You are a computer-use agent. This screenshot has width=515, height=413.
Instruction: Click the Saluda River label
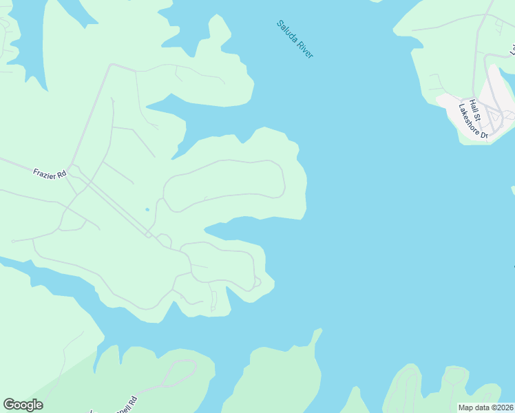[295, 39]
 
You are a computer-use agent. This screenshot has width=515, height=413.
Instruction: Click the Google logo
[23, 405]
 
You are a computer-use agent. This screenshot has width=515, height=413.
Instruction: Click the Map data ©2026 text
[486, 407]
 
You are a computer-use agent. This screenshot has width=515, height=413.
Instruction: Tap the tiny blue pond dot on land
[147, 210]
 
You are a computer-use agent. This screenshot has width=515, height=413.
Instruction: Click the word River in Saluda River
[304, 50]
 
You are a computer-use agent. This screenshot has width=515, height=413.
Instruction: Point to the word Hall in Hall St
[472, 105]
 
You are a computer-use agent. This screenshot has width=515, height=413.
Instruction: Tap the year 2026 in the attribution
[505, 407]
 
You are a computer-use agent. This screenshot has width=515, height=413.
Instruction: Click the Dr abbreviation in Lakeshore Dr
[483, 135]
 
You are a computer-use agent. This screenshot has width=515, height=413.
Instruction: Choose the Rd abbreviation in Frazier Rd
[61, 176]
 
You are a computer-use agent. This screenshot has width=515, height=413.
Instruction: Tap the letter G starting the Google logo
[8, 405]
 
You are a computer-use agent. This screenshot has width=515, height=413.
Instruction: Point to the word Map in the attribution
[466, 407]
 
